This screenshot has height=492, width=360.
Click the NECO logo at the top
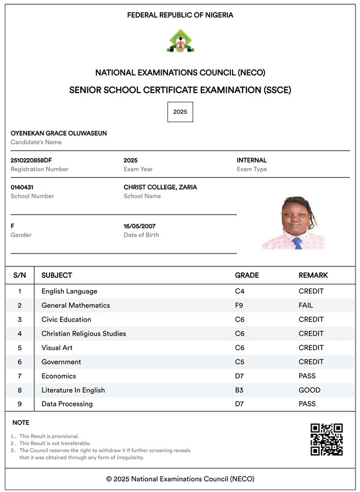(181, 41)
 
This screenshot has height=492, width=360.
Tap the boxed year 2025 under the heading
(180, 112)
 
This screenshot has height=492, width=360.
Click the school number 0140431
(23, 187)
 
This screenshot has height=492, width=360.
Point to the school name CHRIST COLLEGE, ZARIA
(160, 187)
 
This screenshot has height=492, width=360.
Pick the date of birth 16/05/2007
(140, 226)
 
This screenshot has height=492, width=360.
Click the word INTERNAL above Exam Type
(252, 160)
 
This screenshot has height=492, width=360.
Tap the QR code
(326, 439)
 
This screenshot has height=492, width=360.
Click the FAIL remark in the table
(306, 305)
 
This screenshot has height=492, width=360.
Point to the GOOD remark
(309, 390)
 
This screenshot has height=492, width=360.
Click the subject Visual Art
(57, 348)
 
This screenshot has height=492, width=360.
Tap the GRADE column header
(247, 275)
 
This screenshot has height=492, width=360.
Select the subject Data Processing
(67, 404)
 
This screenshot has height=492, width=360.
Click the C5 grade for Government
(240, 362)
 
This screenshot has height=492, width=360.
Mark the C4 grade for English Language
(240, 291)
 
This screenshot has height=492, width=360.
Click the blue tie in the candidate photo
(297, 243)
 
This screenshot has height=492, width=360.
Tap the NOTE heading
(20, 423)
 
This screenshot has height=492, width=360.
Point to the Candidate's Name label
(36, 142)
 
